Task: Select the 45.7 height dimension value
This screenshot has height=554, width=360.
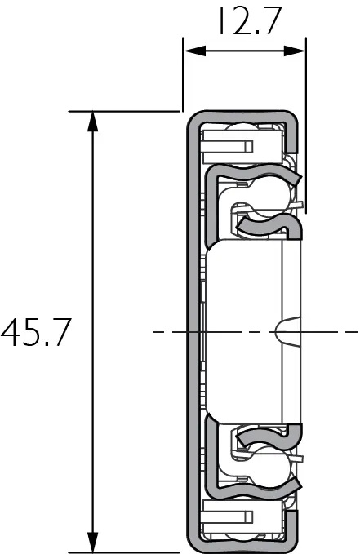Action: point(38,333)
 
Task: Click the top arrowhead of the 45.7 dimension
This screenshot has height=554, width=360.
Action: point(93,119)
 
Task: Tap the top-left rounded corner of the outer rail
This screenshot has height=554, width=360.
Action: point(193,117)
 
